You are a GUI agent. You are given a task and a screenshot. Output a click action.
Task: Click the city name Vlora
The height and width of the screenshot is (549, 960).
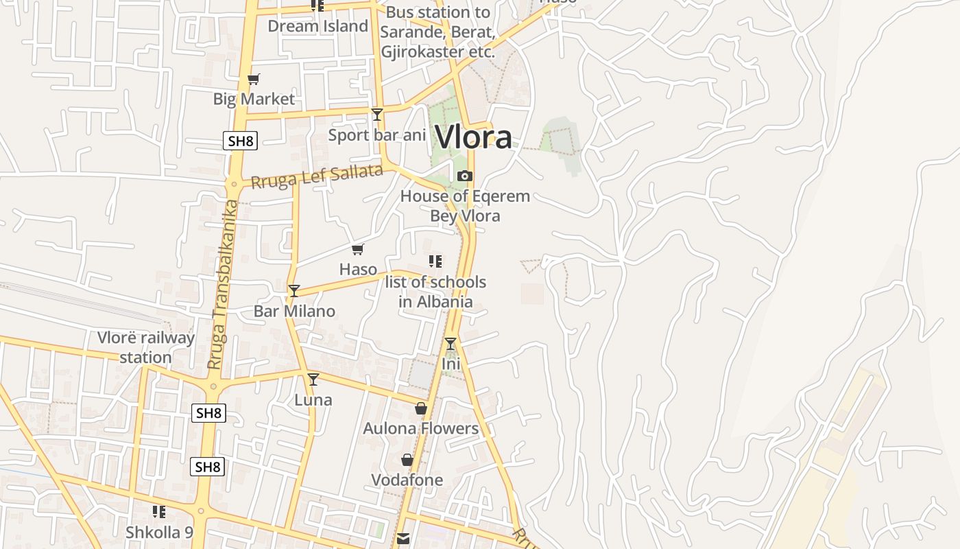pyautogui.click(x=473, y=137)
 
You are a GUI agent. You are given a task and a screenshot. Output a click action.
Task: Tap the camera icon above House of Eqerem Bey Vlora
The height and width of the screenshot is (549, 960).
pyautogui.click(x=465, y=176)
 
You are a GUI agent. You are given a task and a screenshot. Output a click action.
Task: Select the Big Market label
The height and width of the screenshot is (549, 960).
pyautogui.click(x=254, y=99)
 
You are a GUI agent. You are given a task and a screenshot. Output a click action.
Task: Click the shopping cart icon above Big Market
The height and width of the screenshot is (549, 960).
pyautogui.click(x=254, y=80)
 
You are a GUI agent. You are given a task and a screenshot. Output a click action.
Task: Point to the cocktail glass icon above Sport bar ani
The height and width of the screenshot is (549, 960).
pyautogui.click(x=376, y=115)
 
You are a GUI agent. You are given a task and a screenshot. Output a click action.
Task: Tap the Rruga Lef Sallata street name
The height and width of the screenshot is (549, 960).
pyautogui.click(x=316, y=177)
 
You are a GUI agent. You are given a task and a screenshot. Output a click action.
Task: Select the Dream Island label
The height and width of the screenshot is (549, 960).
pyautogui.click(x=317, y=26)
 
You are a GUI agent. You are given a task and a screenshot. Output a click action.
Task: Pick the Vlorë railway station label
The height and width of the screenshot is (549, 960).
pyautogui.click(x=145, y=347)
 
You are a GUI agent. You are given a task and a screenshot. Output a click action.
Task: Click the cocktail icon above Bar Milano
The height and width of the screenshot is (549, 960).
pyautogui.click(x=293, y=291)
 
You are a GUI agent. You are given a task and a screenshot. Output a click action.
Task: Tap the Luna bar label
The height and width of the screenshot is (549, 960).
pyautogui.click(x=313, y=400)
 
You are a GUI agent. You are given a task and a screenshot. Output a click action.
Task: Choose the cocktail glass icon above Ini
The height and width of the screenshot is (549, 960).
pyautogui.click(x=451, y=344)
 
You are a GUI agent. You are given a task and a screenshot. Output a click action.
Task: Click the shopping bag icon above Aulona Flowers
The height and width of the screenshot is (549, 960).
pyautogui.click(x=421, y=409)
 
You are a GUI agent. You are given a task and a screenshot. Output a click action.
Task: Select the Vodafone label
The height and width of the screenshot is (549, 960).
pyautogui.click(x=407, y=480)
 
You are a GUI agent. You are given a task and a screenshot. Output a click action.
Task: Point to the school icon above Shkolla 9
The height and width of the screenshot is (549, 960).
pyautogui.click(x=159, y=512)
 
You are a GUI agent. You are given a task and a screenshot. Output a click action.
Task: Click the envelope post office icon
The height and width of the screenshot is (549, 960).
pyautogui.click(x=403, y=539)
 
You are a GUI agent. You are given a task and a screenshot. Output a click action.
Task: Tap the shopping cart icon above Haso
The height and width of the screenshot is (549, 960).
pyautogui.click(x=357, y=250)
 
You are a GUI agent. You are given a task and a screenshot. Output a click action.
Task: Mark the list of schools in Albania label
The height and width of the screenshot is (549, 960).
pyautogui.click(x=435, y=292)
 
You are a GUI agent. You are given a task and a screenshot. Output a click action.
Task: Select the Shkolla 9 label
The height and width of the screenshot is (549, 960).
pyautogui.click(x=159, y=532)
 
